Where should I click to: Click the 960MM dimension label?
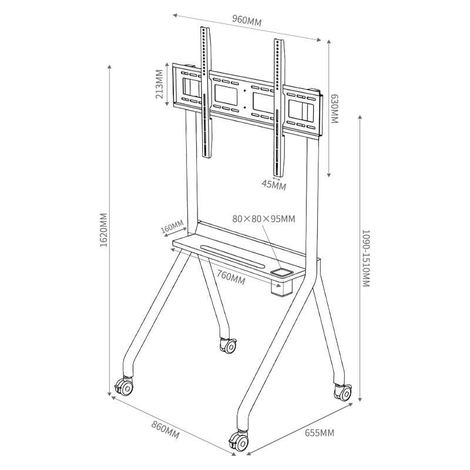pyautogui.click(x=247, y=21)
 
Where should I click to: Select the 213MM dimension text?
pyautogui.click(x=159, y=84)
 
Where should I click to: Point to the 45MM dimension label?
pyautogui.click(x=274, y=185)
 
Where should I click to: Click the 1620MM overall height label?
pyautogui.click(x=104, y=230)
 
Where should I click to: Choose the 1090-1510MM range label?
pyautogui.click(x=366, y=258)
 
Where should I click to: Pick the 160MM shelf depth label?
pyautogui.click(x=172, y=226)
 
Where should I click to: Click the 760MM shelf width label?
pyautogui.click(x=231, y=277)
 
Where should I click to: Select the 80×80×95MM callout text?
pyautogui.click(x=264, y=219)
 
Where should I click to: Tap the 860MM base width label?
pyautogui.click(x=165, y=429)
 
